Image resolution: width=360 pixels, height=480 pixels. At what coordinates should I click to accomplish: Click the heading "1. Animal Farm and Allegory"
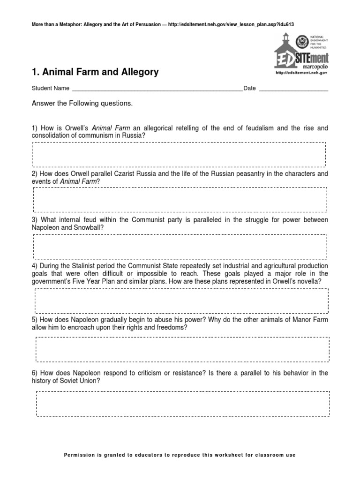tap(95, 72)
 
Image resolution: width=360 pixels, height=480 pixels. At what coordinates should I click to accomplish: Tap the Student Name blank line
tap(157, 89)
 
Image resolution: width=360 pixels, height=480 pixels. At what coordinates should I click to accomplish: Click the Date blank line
tap(293, 89)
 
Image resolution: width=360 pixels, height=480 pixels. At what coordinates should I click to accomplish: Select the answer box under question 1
tap(180, 154)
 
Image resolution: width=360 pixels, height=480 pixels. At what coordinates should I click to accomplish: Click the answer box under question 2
tap(180, 199)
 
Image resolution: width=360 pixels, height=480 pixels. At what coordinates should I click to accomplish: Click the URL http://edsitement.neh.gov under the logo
tap(300, 73)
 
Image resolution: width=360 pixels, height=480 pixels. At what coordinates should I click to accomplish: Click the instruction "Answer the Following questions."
tap(82, 103)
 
